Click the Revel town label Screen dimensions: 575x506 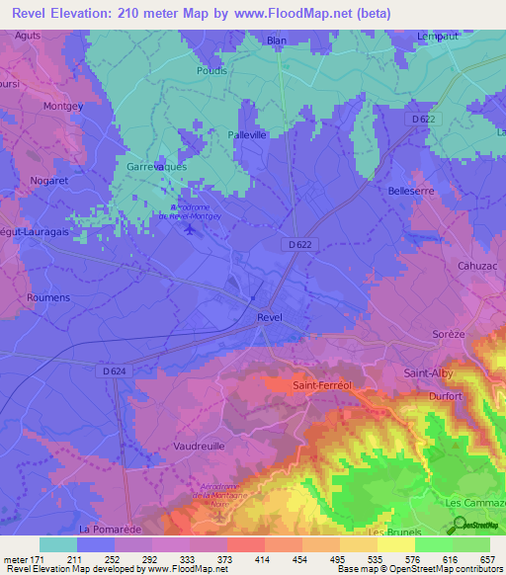click(x=269, y=317)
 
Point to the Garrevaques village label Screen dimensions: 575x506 click(x=156, y=167)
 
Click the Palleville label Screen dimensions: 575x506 click(x=248, y=134)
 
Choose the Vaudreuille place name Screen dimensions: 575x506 click(x=201, y=447)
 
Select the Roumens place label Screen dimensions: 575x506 click(x=49, y=297)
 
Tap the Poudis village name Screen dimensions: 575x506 click(x=211, y=70)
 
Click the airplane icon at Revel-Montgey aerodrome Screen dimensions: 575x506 click(x=189, y=229)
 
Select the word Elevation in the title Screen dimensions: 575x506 click(x=85, y=13)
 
